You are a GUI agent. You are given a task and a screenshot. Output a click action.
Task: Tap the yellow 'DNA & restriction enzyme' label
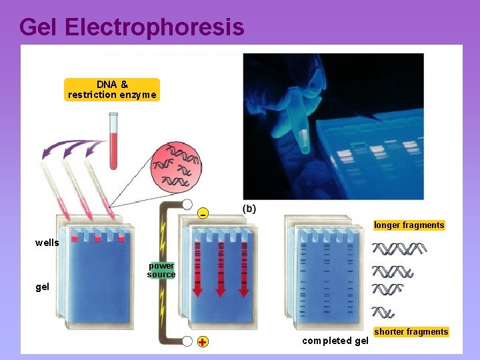pyautogui.click(x=112, y=89)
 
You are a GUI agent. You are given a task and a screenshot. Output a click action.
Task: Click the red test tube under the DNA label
pyautogui.click(x=113, y=141)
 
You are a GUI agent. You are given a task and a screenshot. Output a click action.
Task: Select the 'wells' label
pyautogui.click(x=47, y=243)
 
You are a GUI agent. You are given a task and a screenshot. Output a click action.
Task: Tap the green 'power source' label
pyautogui.click(x=161, y=270)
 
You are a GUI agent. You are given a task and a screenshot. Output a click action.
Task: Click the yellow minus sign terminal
pyautogui.click(x=203, y=213)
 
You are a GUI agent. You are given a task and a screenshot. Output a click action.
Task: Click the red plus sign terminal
pyautogui.click(x=202, y=342)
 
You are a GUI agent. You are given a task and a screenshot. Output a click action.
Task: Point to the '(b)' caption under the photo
pyautogui.click(x=249, y=208)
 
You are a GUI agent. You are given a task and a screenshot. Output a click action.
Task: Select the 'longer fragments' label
pyautogui.click(x=409, y=225)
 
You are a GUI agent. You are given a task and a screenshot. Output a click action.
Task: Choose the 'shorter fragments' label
pyautogui.click(x=411, y=332)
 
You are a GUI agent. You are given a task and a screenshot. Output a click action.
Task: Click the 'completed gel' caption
pyautogui.click(x=335, y=341)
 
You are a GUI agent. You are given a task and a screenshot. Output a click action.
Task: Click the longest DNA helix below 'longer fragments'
pyautogui.click(x=399, y=249)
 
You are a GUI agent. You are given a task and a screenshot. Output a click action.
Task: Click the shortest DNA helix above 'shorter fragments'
pyautogui.click(x=383, y=312)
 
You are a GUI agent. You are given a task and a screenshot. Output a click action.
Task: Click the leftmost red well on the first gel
pyautogui.click(x=75, y=238)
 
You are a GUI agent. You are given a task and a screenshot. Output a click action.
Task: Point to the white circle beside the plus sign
pyautogui.click(x=187, y=341)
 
